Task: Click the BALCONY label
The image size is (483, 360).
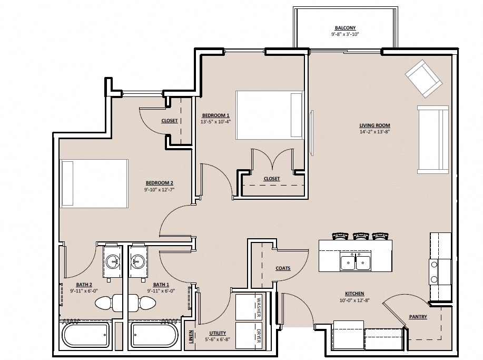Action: (345, 28)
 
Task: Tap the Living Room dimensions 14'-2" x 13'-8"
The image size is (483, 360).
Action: (374, 132)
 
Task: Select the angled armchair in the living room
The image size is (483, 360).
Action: (423, 78)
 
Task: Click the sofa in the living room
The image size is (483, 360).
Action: (433, 140)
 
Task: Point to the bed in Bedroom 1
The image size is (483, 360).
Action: (269, 115)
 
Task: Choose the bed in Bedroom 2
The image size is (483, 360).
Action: (95, 183)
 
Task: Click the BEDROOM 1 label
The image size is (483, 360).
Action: (215, 115)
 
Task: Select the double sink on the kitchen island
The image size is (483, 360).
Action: (355, 261)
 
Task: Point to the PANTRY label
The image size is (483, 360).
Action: (418, 317)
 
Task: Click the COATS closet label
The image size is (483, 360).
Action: (283, 268)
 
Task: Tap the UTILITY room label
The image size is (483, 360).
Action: (217, 333)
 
